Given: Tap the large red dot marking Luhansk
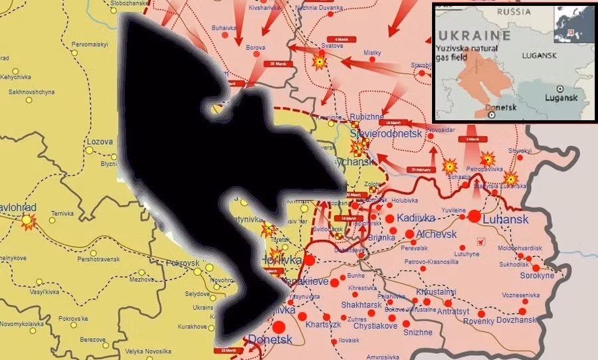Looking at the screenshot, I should [x=474, y=216].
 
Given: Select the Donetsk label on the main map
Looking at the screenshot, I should [x=270, y=339].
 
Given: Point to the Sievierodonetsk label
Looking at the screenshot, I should [x=386, y=134].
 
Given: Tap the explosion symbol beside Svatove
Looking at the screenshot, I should [x=320, y=62].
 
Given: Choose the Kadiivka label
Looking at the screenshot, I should [x=416, y=218].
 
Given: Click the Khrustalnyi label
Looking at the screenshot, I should [x=436, y=292].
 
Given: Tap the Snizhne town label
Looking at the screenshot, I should [x=417, y=332].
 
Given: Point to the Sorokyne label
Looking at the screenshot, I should [x=537, y=275].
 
